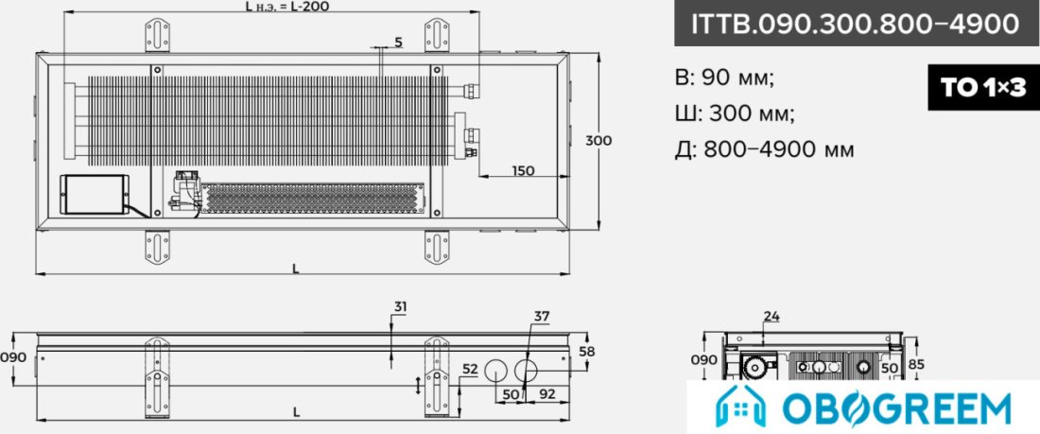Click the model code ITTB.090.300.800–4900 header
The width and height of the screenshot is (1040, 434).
point(856,24)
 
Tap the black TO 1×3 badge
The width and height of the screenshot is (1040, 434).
point(983,88)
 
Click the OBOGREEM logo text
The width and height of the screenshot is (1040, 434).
point(896,408)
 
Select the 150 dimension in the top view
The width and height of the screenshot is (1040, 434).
point(523,170)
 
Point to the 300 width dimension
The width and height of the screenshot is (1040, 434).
point(598,141)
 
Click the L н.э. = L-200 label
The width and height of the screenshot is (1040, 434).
point(286,7)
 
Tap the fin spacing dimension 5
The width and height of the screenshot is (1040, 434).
point(398,43)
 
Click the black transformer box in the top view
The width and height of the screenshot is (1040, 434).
point(95,195)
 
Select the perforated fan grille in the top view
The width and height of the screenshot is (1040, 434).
point(312,199)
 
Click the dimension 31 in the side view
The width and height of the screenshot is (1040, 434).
point(400,307)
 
